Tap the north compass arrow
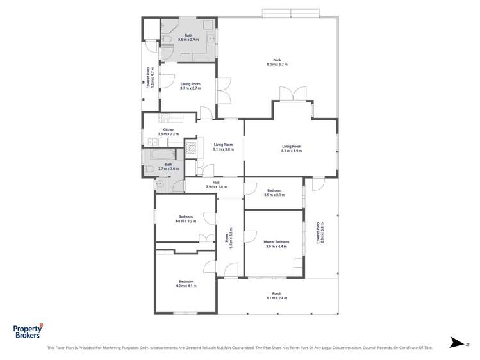456,343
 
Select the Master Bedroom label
276,242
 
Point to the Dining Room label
190,84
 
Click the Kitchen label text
168,130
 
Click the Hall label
214,183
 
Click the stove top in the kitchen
164,118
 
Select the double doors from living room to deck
295,94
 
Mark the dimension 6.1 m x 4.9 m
291,151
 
